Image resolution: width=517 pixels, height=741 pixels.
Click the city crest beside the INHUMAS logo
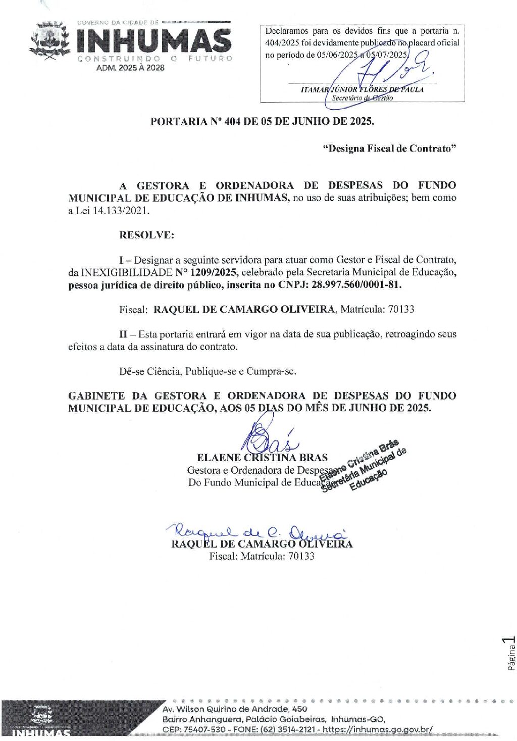[49, 41]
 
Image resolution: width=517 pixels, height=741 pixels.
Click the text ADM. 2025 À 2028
[130, 68]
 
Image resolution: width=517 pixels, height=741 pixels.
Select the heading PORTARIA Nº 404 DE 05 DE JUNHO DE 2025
[262, 122]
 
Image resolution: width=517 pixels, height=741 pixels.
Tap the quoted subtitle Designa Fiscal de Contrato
[389, 149]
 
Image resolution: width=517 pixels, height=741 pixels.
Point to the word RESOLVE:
[146, 235]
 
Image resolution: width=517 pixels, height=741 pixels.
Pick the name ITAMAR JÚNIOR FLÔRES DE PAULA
[362, 89]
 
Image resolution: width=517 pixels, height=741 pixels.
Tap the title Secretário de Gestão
[362, 98]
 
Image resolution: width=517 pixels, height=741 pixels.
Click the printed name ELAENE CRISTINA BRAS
[262, 458]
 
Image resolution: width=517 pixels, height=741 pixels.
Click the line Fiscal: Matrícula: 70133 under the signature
[262, 556]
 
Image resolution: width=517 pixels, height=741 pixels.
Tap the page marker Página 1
[510, 654]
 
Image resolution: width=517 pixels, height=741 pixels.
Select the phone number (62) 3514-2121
[289, 729]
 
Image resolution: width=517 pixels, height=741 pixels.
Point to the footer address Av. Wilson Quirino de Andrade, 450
[234, 709]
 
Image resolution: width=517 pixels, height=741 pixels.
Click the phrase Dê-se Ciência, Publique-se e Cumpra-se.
[208, 372]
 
